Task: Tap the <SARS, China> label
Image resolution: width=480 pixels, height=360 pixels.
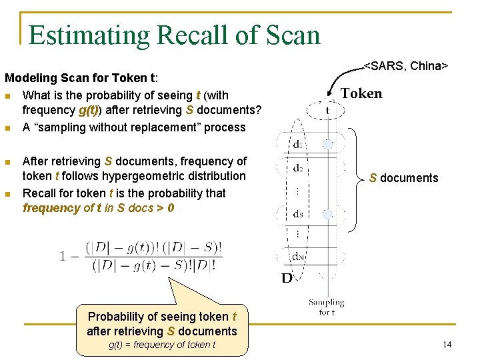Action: pyautogui.click(x=405, y=66)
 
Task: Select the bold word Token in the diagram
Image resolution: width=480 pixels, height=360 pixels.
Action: pyautogui.click(x=361, y=94)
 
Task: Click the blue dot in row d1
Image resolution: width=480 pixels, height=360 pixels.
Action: pyautogui.click(x=327, y=144)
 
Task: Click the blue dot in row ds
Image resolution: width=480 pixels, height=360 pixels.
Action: pyautogui.click(x=327, y=214)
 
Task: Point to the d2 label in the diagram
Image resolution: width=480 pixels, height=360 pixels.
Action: pyautogui.click(x=299, y=168)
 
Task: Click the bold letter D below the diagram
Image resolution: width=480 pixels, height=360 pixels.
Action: pyautogui.click(x=287, y=278)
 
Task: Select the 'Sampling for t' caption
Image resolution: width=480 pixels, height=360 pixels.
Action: pyautogui.click(x=326, y=307)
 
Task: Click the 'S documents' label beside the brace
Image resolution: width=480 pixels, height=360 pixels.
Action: pyautogui.click(x=404, y=178)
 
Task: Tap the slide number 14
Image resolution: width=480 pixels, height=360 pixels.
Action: pyautogui.click(x=447, y=345)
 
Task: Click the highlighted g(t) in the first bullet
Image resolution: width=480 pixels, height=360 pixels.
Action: pyautogui.click(x=90, y=110)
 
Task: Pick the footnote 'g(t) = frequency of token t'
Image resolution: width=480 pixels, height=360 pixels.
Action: pyautogui.click(x=162, y=345)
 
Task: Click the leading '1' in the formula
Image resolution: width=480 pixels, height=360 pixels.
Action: pyautogui.click(x=63, y=257)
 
